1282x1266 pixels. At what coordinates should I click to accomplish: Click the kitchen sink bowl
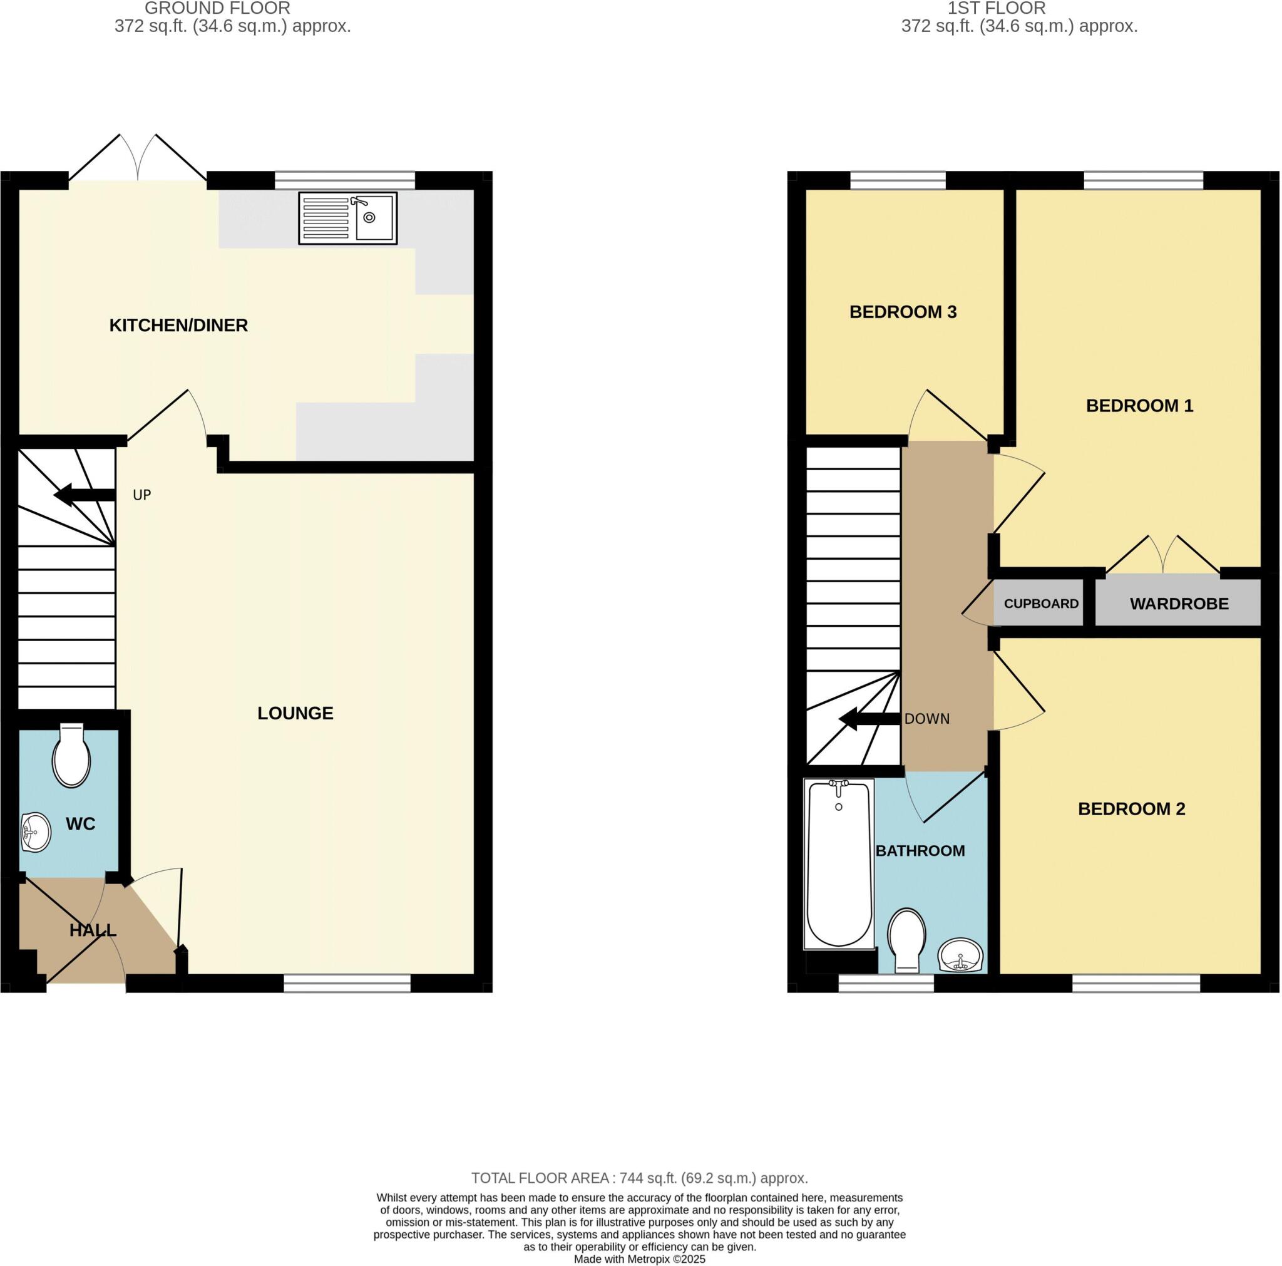374,217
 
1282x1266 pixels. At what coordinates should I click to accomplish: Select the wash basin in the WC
36,832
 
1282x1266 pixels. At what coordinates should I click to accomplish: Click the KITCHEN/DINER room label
178,326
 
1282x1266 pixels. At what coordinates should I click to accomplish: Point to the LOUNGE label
295,713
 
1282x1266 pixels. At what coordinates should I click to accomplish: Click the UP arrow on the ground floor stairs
83,495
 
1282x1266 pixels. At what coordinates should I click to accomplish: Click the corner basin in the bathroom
961,956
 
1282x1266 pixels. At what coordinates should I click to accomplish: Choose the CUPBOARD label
1041,604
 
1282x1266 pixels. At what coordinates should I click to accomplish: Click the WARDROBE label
1179,604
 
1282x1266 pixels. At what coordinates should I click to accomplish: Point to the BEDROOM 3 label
903,312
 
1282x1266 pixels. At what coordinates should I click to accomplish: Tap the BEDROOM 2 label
1131,808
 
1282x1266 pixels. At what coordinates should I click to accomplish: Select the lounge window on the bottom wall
347,983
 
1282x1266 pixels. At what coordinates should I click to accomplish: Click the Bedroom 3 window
897,180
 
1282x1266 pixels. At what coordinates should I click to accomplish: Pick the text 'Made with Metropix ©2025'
640,1258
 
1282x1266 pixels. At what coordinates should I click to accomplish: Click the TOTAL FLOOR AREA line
640,1178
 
